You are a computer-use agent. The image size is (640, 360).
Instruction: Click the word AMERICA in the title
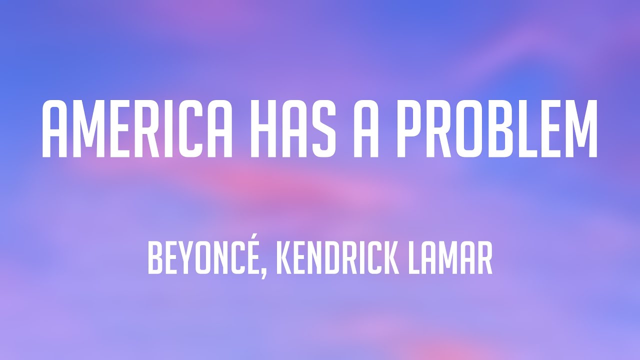[136, 129]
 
